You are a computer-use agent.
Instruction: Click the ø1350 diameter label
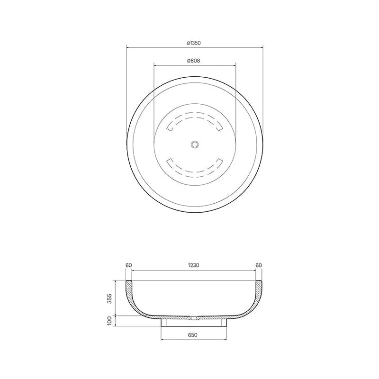(194, 43)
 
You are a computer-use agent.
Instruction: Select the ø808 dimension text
(194, 61)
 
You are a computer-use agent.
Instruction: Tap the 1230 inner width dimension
(194, 265)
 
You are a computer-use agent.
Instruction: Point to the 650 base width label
(192, 335)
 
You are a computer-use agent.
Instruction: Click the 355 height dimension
(110, 298)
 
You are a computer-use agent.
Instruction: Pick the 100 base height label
(110, 321)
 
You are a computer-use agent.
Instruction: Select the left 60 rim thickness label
(129, 265)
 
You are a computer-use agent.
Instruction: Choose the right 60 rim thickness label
(259, 265)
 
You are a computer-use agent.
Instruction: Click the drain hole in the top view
(195, 144)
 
